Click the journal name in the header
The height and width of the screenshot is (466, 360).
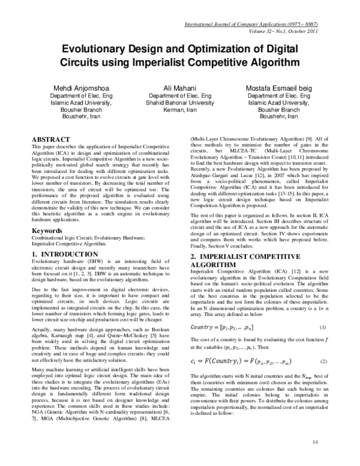point(260,25)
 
